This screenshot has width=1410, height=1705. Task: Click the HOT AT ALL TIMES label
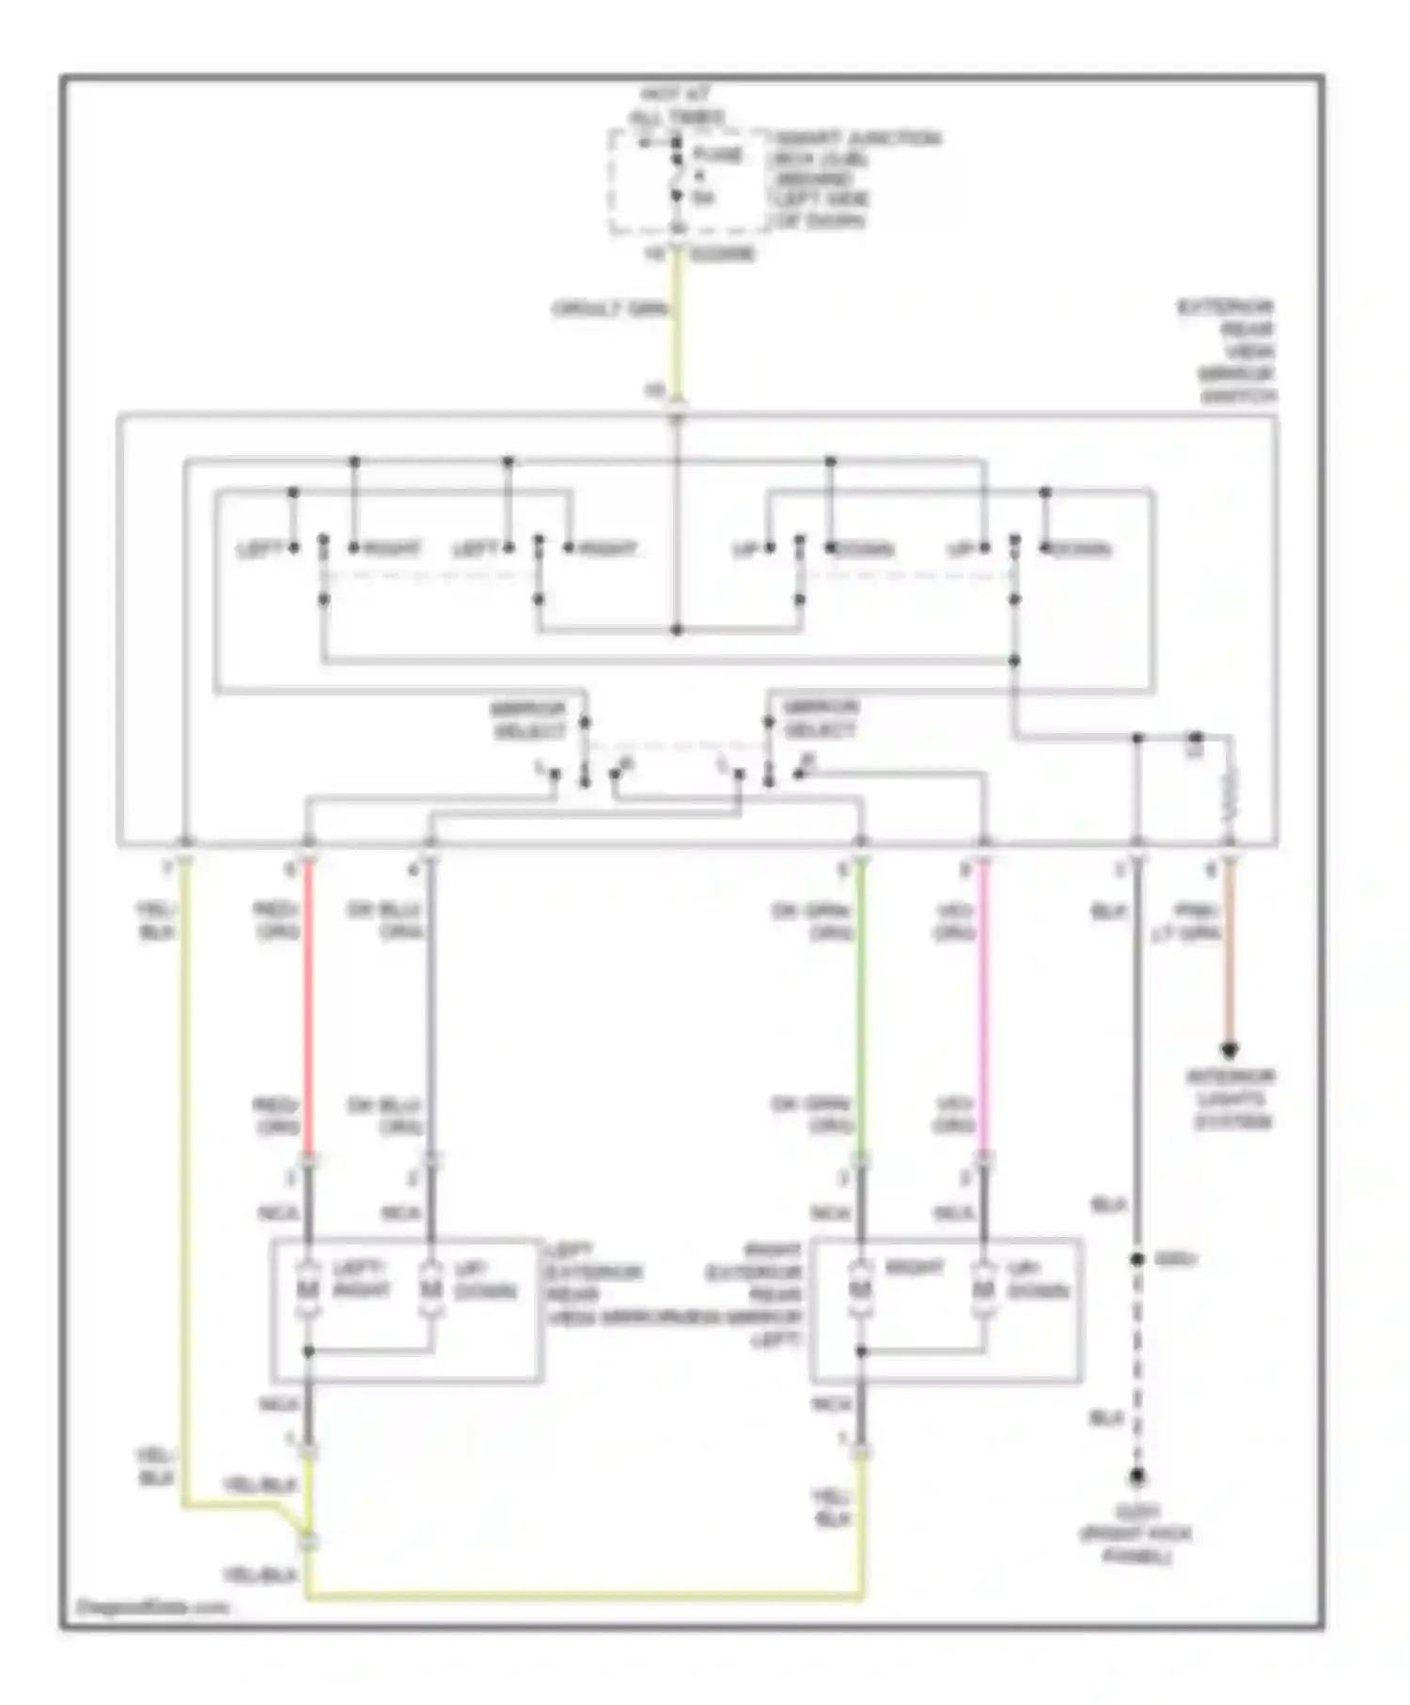pos(676,105)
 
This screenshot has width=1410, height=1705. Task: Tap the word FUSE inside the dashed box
pos(717,154)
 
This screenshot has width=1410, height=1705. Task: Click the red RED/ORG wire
pos(308,1006)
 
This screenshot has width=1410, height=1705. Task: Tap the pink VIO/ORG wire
pos(983,1006)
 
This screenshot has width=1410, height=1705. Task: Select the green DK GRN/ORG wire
pos(861,1006)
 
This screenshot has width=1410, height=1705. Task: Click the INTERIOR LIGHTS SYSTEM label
pos(1230,1099)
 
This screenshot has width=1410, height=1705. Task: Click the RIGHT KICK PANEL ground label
pos(1136,1534)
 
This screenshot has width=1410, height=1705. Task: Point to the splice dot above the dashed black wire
pos(1136,1259)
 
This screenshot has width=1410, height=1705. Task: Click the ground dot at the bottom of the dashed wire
pos(1136,1478)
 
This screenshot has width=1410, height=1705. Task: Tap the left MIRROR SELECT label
pos(528,719)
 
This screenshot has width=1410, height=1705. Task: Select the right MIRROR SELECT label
pos(821,719)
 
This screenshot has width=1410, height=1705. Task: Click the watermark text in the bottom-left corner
pos(151,1606)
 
